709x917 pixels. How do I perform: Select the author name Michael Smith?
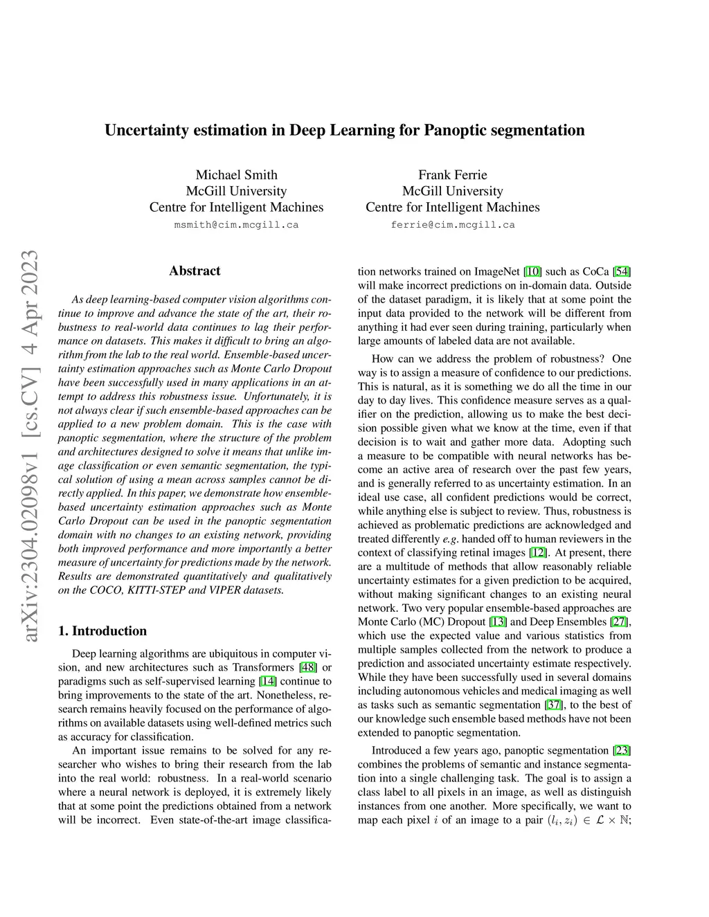236,175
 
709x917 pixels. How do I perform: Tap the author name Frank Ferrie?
452,175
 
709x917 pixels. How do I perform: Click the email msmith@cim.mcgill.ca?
236,225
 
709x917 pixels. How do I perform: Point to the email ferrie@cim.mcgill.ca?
452,225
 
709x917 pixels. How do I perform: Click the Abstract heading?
195,271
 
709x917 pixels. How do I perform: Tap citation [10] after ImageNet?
533,271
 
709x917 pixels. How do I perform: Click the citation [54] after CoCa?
622,271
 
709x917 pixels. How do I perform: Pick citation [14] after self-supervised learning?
267,682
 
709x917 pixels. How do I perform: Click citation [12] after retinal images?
537,552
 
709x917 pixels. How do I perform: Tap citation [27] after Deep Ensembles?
622,621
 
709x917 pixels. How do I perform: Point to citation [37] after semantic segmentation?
555,705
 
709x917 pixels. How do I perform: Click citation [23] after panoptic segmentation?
622,750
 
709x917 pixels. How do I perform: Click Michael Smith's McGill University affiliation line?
236,191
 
